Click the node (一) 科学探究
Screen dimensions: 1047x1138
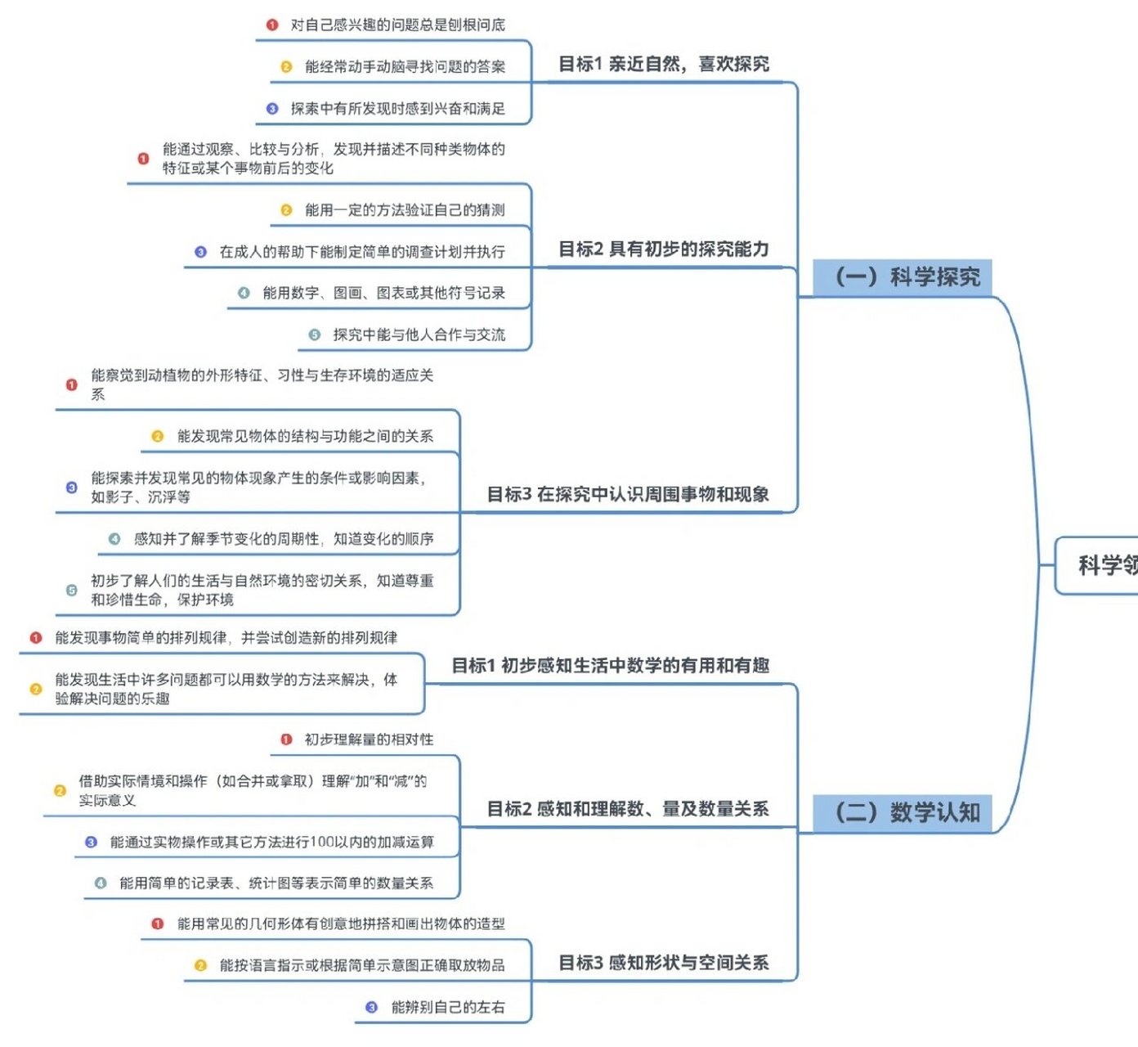pos(903,277)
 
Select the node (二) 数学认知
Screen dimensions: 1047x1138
pos(903,812)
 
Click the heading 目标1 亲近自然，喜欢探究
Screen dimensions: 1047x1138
pos(663,65)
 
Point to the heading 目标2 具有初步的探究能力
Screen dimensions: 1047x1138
pos(663,249)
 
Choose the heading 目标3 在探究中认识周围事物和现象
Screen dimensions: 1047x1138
pos(628,494)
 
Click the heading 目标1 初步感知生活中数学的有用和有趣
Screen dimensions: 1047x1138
pos(610,666)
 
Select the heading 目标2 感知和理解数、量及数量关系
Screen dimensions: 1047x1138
pos(628,809)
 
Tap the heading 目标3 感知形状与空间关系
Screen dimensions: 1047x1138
pos(663,963)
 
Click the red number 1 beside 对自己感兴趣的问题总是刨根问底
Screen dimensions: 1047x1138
pos(272,25)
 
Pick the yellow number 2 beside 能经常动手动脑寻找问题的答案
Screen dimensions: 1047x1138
pos(286,67)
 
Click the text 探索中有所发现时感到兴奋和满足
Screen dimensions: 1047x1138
pos(397,109)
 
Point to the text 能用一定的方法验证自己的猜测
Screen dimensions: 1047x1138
pos(405,210)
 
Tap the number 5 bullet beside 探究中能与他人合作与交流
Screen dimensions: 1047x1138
pos(314,335)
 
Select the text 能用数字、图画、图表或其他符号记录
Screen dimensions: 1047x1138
pos(383,293)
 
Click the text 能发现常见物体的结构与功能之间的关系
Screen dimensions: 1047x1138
pos(305,437)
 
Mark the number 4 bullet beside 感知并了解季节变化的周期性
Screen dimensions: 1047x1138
pos(114,539)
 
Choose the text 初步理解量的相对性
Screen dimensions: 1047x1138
pos(369,739)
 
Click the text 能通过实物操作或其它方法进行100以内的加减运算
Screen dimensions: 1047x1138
pos(271,842)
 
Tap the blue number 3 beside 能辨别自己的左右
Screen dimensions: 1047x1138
pos(371,1007)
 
